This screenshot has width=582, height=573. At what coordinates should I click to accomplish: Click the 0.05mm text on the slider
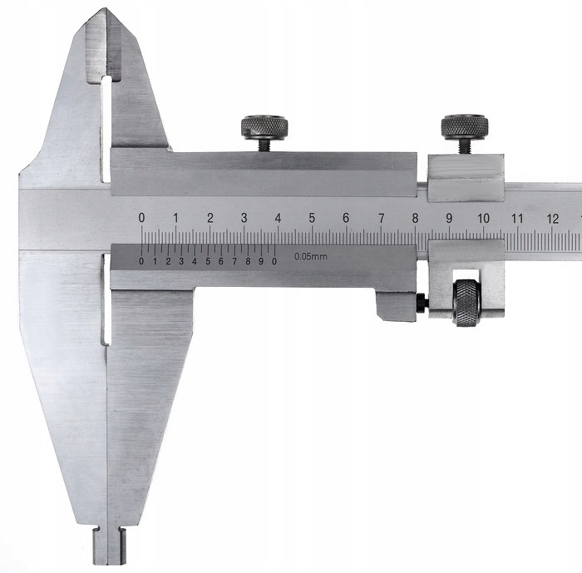click(x=311, y=256)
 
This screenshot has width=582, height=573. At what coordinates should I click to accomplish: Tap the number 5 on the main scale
click(x=312, y=218)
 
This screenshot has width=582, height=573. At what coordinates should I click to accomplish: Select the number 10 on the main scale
click(x=483, y=219)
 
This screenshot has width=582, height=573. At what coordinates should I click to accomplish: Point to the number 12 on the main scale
click(x=552, y=219)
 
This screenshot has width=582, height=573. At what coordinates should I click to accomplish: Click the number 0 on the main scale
click(x=141, y=218)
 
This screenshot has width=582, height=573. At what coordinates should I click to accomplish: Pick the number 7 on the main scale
click(x=381, y=219)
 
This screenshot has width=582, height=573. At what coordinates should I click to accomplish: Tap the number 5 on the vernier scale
click(x=208, y=261)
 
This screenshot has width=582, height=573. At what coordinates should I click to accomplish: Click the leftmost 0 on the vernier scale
click(x=141, y=261)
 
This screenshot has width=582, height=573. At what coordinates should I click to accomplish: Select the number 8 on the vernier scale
click(x=248, y=261)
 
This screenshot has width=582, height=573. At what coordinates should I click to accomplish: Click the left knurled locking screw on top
click(x=264, y=128)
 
